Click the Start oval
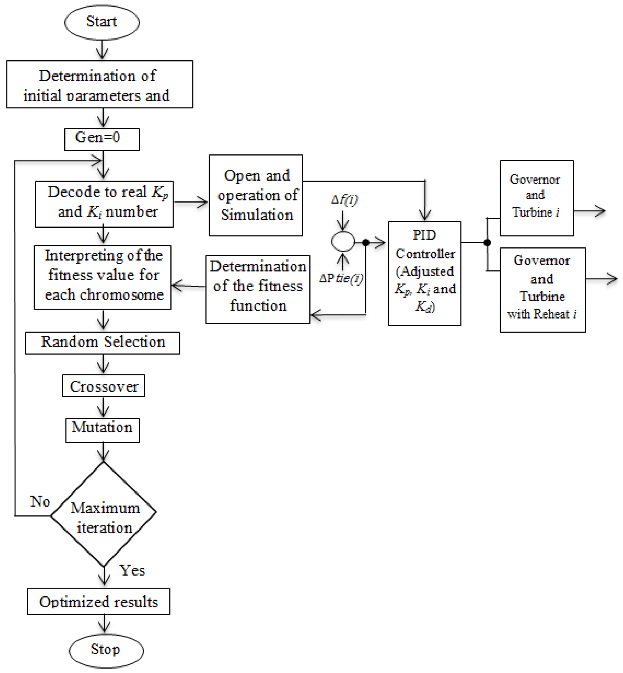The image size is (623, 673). click(x=102, y=22)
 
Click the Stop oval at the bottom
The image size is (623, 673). click(x=106, y=650)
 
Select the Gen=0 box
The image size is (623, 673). click(x=102, y=139)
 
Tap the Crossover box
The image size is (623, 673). click(x=103, y=386)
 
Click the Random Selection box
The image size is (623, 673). click(x=103, y=342)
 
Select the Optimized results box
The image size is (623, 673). click(x=98, y=602)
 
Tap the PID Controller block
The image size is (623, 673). click(x=424, y=273)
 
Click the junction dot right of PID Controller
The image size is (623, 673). click(x=487, y=242)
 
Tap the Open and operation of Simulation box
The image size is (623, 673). click(x=256, y=195)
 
